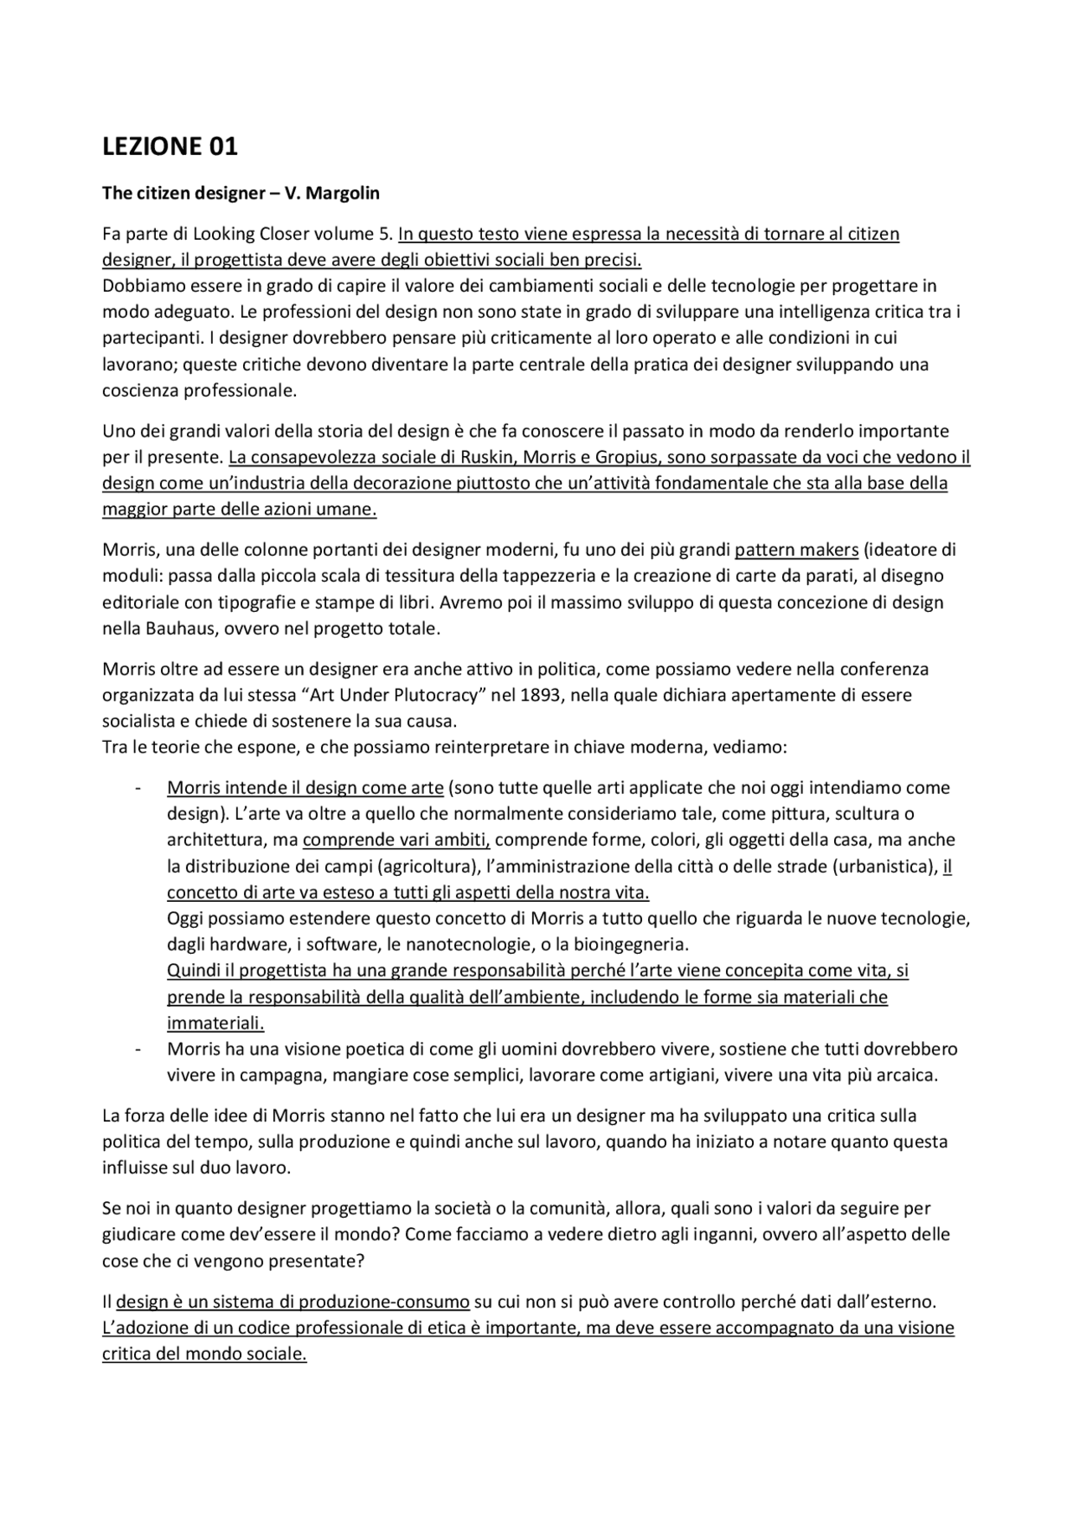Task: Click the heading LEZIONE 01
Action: pyautogui.click(x=169, y=147)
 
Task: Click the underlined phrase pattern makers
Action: pyautogui.click(x=796, y=551)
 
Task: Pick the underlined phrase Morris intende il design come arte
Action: pyautogui.click(x=305, y=788)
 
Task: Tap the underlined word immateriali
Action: pyautogui.click(x=215, y=1023)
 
